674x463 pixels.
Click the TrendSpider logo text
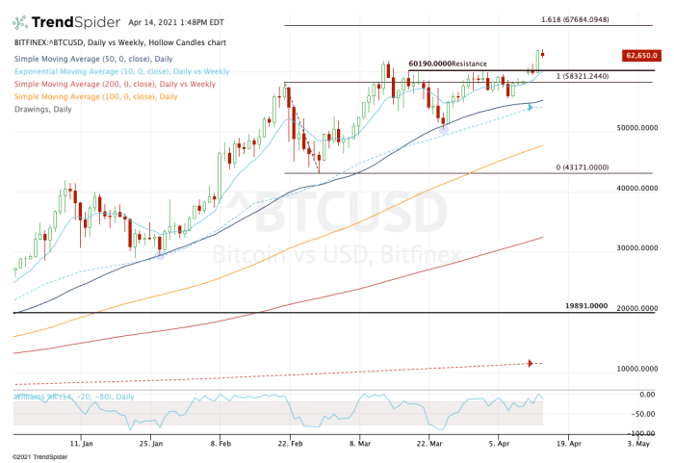pyautogui.click(x=68, y=22)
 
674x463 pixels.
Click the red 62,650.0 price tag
pyautogui.click(x=641, y=56)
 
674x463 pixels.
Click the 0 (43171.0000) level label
pyautogui.click(x=583, y=167)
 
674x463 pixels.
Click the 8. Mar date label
pyautogui.click(x=360, y=446)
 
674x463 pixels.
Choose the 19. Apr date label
pyautogui.click(x=569, y=446)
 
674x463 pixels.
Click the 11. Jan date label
pyautogui.click(x=82, y=446)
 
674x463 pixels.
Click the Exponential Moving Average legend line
pyautogui.click(x=121, y=71)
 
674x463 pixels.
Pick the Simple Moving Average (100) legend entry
pyautogui.click(x=95, y=96)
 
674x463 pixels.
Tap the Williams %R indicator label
pyautogui.click(x=73, y=397)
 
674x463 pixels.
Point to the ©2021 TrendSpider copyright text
pyautogui.click(x=40, y=457)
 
